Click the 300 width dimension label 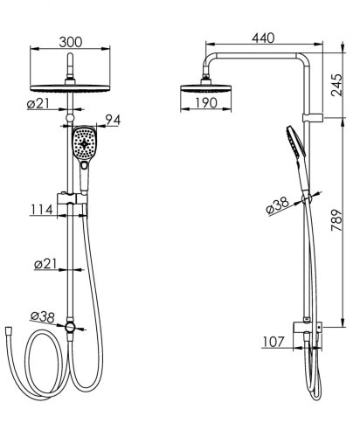[x=71, y=42]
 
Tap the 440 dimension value [x=263, y=38]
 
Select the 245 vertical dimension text [x=336, y=85]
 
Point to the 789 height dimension [x=336, y=220]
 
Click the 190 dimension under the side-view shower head [x=206, y=102]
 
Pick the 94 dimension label [x=113, y=120]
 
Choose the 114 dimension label [x=42, y=210]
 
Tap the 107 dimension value [x=273, y=342]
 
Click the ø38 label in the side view [x=278, y=205]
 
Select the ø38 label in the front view [x=43, y=317]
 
